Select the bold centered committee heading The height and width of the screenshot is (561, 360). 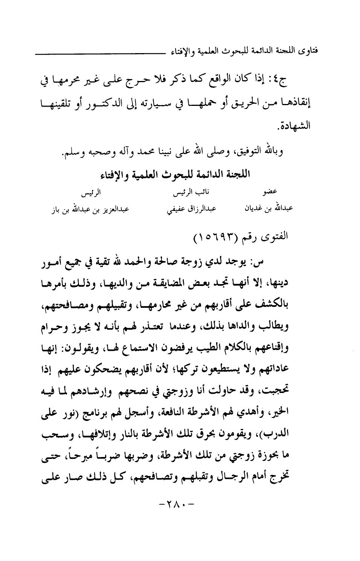click(175, 176)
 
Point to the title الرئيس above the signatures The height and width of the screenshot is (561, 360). click(93, 194)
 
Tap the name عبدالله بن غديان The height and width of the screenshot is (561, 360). click(268, 208)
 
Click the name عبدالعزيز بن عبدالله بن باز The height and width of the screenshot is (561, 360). click(90, 209)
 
